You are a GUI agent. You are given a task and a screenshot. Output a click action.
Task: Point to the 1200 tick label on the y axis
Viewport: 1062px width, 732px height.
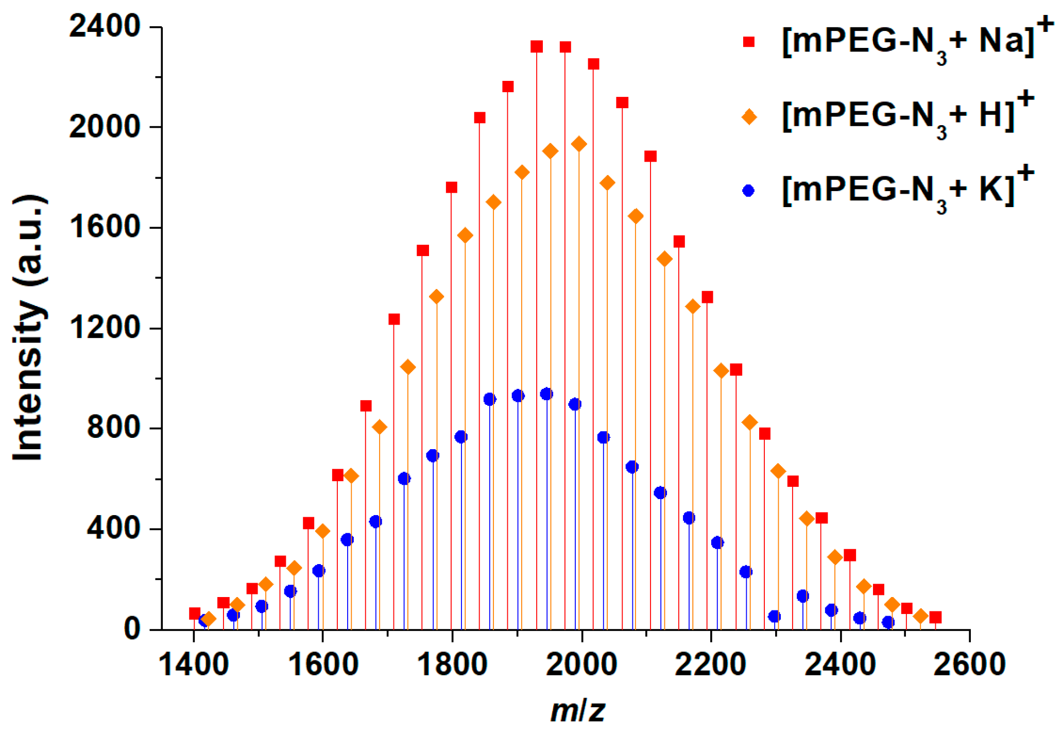pos(105,328)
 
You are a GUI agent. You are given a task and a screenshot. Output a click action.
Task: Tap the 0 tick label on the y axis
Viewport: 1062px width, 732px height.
pos(132,629)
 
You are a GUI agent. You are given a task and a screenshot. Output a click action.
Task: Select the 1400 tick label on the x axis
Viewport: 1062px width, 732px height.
pos(193,664)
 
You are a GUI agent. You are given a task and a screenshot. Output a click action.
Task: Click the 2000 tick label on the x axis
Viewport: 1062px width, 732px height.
pos(581,664)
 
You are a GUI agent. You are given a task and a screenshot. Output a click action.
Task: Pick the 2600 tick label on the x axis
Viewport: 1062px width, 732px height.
pos(969,664)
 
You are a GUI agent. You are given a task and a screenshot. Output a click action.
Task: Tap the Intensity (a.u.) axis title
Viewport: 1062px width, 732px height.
pos(28,328)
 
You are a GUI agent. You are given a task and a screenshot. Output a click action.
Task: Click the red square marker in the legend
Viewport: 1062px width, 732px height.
pos(749,42)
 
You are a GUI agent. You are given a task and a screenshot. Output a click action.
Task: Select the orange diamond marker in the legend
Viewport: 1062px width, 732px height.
pos(749,117)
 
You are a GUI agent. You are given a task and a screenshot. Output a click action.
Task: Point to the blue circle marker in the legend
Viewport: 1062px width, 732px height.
pos(749,191)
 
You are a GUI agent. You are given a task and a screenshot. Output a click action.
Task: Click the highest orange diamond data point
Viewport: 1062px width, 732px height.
pos(579,144)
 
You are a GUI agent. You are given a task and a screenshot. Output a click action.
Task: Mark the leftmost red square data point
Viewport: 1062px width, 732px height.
pos(195,613)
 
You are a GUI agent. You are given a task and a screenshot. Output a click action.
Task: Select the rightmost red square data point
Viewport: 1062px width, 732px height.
pos(935,617)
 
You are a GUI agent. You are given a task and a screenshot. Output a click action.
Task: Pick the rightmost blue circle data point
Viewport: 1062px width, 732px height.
pos(888,622)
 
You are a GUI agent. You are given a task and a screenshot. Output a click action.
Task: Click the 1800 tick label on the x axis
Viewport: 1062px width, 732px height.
pos(452,664)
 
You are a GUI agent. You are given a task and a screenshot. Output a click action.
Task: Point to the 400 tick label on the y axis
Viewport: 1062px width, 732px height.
pos(113,529)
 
